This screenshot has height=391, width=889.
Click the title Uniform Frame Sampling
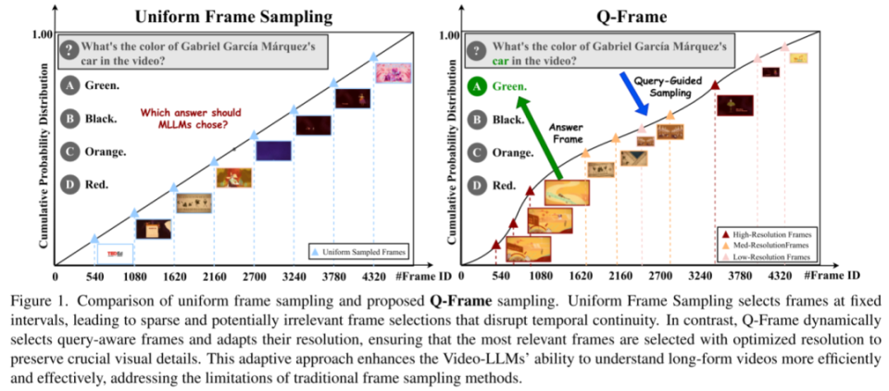[x=233, y=16]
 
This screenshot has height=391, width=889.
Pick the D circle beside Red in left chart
[x=69, y=184]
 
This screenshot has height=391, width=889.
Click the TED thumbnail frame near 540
[x=115, y=254]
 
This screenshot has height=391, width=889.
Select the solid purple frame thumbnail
[x=274, y=150]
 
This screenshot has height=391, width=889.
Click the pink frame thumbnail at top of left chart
[x=394, y=73]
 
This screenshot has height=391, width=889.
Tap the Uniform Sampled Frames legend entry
[x=358, y=250]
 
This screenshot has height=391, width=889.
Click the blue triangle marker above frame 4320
[x=373, y=57]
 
